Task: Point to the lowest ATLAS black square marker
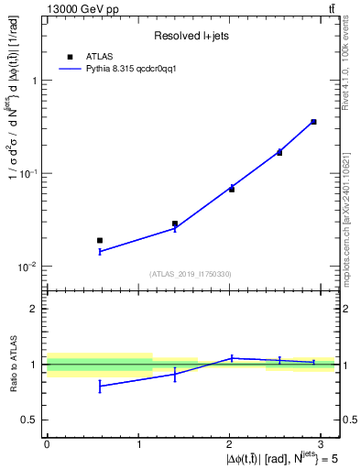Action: pos(100,240)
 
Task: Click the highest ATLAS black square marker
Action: pos(313,122)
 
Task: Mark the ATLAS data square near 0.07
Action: pos(232,189)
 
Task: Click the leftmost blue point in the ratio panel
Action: pos(100,386)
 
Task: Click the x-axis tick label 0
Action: pos(47,443)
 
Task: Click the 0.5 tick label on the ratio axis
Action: pos(29,420)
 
